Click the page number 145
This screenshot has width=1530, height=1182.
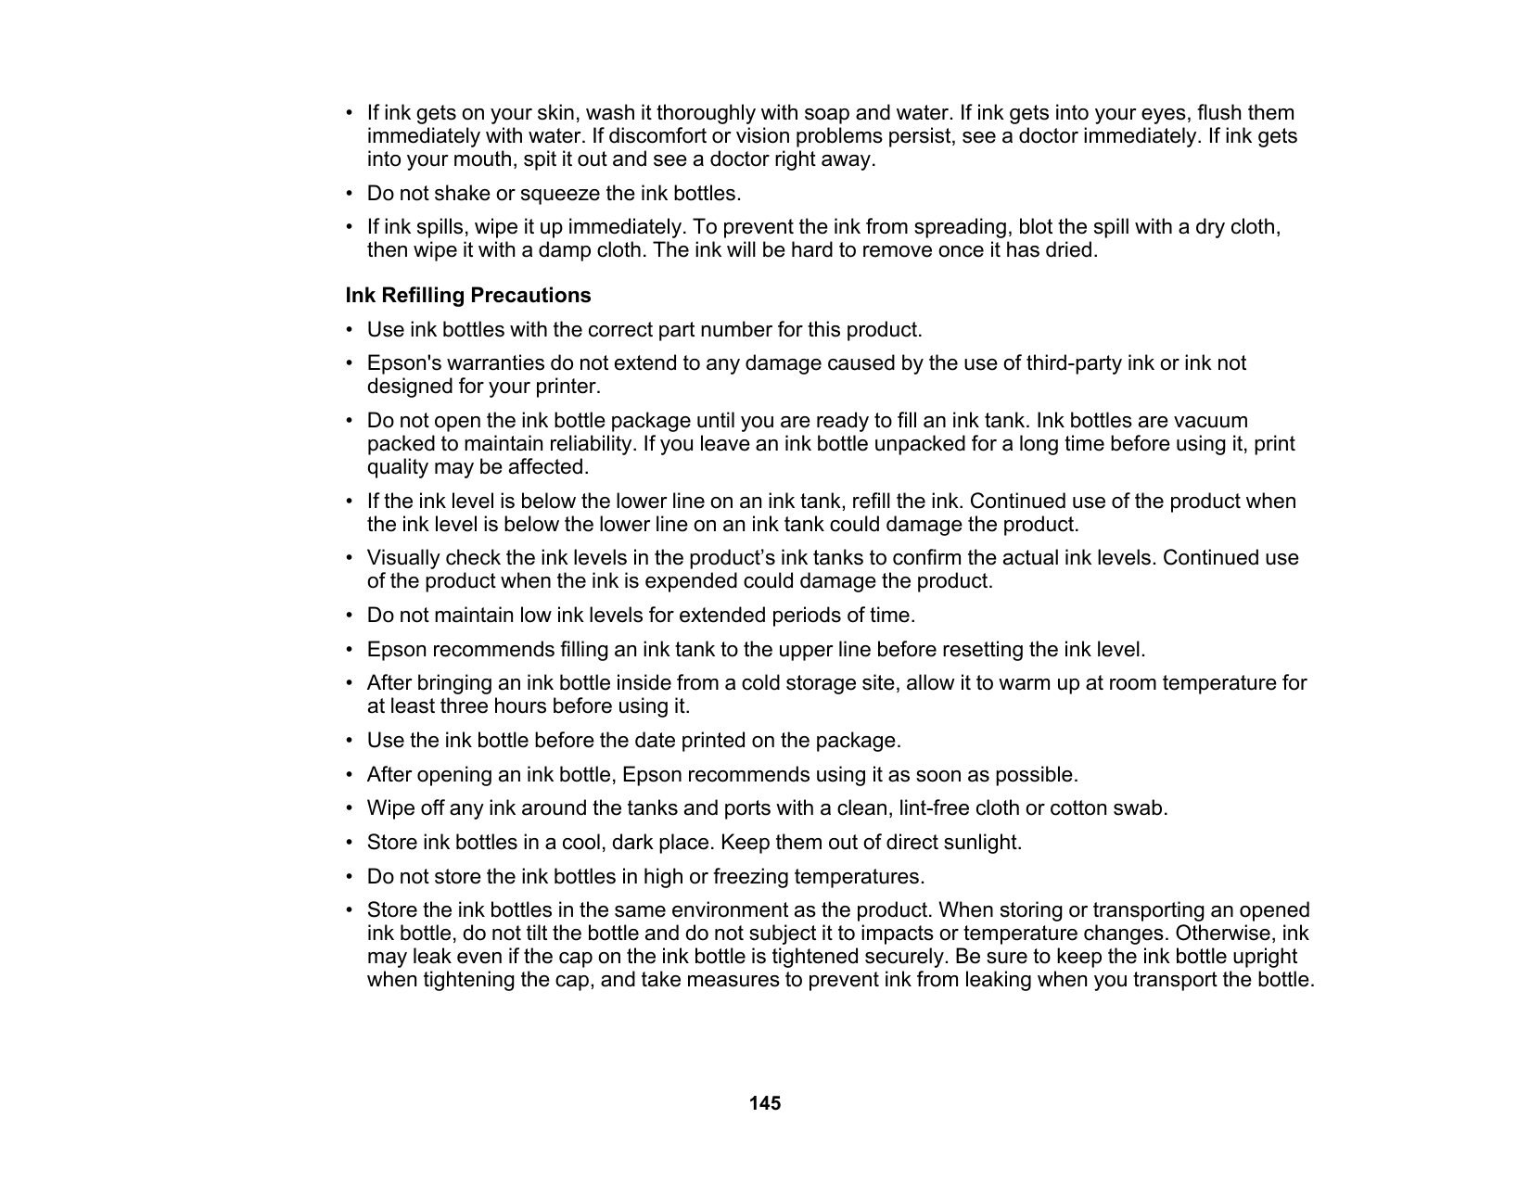(x=765, y=1103)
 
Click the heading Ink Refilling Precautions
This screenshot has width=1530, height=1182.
(x=468, y=296)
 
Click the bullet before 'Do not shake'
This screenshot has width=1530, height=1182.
(x=350, y=194)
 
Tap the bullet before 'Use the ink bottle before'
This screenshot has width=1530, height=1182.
(x=350, y=741)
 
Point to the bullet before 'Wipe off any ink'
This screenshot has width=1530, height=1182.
(x=350, y=808)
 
